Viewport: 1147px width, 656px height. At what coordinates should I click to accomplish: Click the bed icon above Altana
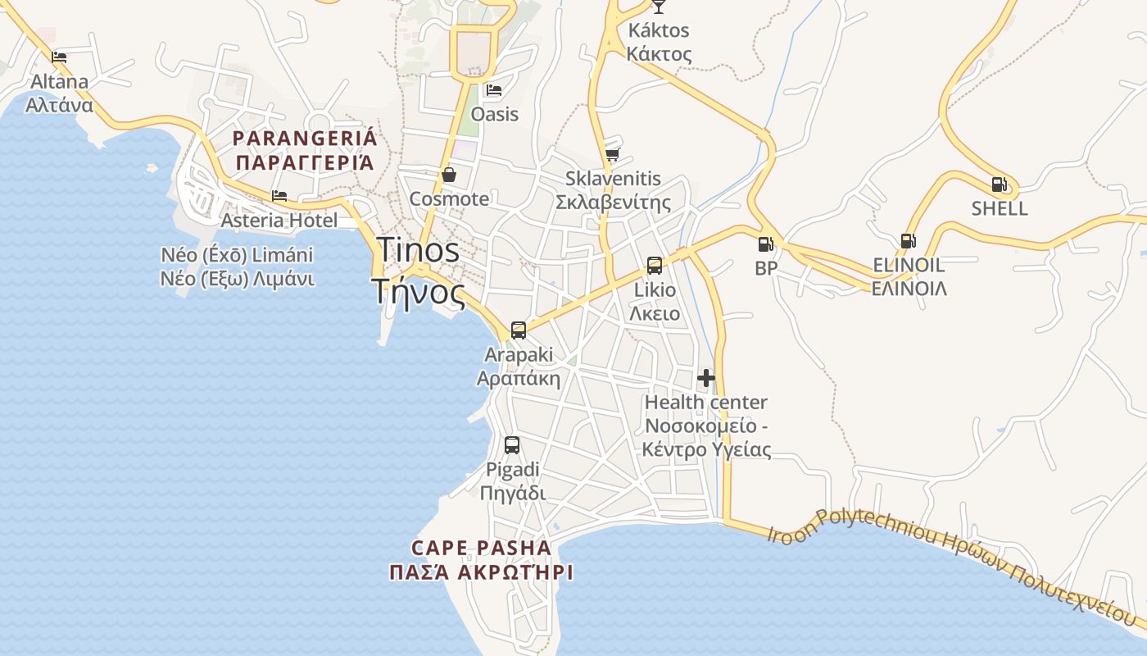click(x=59, y=57)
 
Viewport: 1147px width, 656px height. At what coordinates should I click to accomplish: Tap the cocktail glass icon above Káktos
click(x=659, y=7)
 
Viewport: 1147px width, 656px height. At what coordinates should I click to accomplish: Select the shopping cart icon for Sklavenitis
click(x=612, y=154)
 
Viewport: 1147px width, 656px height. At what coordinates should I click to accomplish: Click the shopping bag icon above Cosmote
click(x=449, y=175)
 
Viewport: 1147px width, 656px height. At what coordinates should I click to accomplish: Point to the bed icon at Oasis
click(x=493, y=90)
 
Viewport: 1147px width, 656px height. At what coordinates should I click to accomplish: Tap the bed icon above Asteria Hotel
click(x=279, y=196)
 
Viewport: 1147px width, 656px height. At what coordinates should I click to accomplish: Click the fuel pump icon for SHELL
click(x=999, y=184)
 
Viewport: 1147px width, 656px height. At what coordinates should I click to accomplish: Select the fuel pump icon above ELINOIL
click(x=908, y=241)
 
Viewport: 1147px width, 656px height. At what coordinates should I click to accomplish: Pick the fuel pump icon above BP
click(x=765, y=244)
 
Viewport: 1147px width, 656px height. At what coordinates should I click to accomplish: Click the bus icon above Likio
click(x=654, y=266)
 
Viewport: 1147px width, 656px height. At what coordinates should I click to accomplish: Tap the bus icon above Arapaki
click(x=518, y=330)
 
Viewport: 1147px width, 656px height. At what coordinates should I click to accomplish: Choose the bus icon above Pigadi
click(x=512, y=445)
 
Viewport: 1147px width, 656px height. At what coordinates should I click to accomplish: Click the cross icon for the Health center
click(x=706, y=378)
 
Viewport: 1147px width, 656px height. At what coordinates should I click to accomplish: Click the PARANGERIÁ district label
click(x=305, y=149)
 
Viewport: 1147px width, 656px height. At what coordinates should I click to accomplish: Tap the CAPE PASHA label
click(x=481, y=559)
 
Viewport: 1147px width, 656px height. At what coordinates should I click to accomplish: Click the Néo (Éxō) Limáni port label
click(x=238, y=266)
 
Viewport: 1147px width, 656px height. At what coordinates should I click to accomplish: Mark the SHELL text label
click(x=1000, y=208)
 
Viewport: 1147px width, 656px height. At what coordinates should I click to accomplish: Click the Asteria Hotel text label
click(x=279, y=220)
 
